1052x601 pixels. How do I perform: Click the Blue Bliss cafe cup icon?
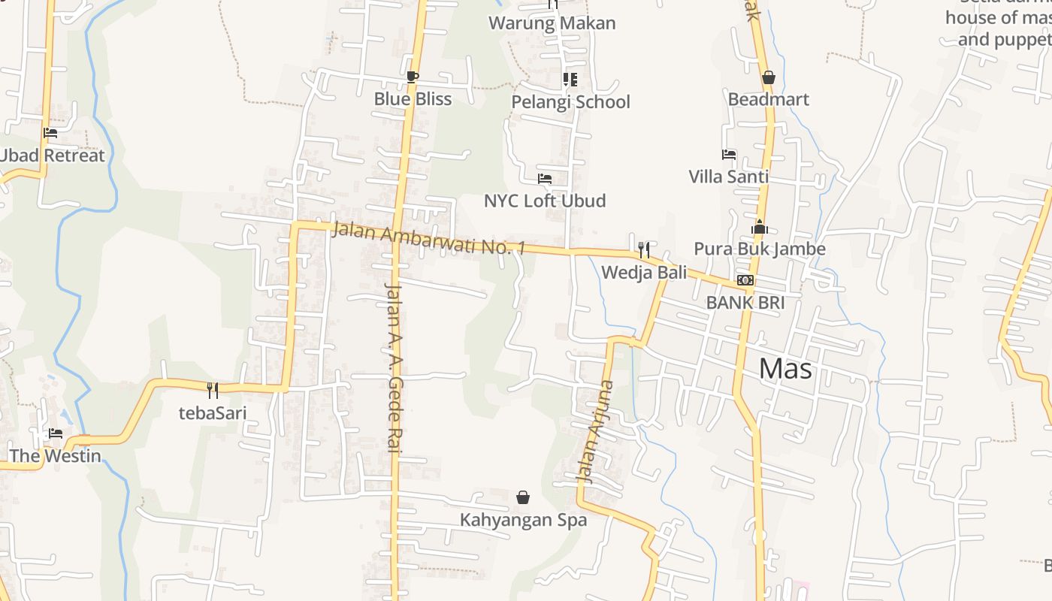[x=412, y=77]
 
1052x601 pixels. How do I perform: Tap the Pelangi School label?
[x=570, y=101]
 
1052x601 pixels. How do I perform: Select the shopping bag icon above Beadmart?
[x=768, y=77]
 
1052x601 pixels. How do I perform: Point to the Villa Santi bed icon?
[x=728, y=155]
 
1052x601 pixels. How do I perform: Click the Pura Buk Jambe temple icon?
[x=759, y=227]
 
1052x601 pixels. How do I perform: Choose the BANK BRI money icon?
[x=745, y=280]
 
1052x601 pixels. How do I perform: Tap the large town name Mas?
[x=785, y=368]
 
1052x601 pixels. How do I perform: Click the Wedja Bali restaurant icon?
[x=644, y=249]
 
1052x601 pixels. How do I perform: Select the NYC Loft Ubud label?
[x=544, y=201]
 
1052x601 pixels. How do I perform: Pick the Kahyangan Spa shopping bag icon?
[x=523, y=497]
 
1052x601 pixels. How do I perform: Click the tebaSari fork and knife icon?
[x=213, y=389]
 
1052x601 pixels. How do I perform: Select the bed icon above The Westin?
[x=56, y=433]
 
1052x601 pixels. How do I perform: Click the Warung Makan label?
[x=552, y=23]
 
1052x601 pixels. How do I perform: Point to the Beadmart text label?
[x=768, y=99]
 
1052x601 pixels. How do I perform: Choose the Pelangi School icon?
[x=570, y=79]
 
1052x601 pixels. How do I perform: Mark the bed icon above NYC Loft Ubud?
[x=545, y=179]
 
